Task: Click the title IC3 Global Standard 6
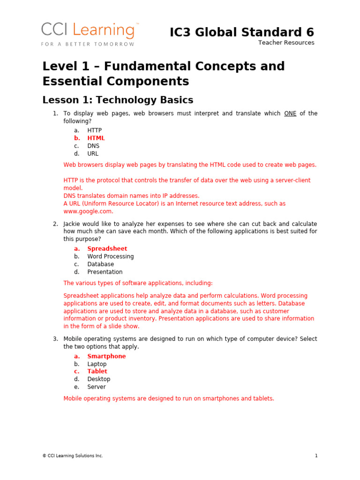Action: point(242,32)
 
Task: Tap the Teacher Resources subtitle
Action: point(286,43)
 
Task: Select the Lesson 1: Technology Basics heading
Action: point(118,100)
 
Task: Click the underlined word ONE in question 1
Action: point(290,113)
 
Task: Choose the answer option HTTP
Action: point(94,130)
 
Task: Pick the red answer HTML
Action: point(96,138)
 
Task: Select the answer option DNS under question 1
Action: point(93,146)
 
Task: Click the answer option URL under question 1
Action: point(93,154)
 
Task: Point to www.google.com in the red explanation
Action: point(88,211)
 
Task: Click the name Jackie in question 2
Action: point(73,224)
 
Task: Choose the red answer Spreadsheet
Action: point(107,249)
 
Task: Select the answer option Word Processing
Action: point(110,256)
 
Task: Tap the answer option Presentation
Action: point(105,272)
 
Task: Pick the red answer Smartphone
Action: point(106,356)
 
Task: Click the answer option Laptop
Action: point(97,364)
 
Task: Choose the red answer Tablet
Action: point(97,371)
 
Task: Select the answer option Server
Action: point(96,387)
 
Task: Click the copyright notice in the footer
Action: point(73,456)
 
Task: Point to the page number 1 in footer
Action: point(316,456)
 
